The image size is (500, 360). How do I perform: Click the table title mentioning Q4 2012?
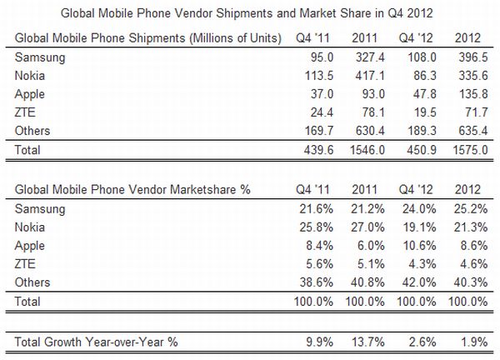tap(250, 12)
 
